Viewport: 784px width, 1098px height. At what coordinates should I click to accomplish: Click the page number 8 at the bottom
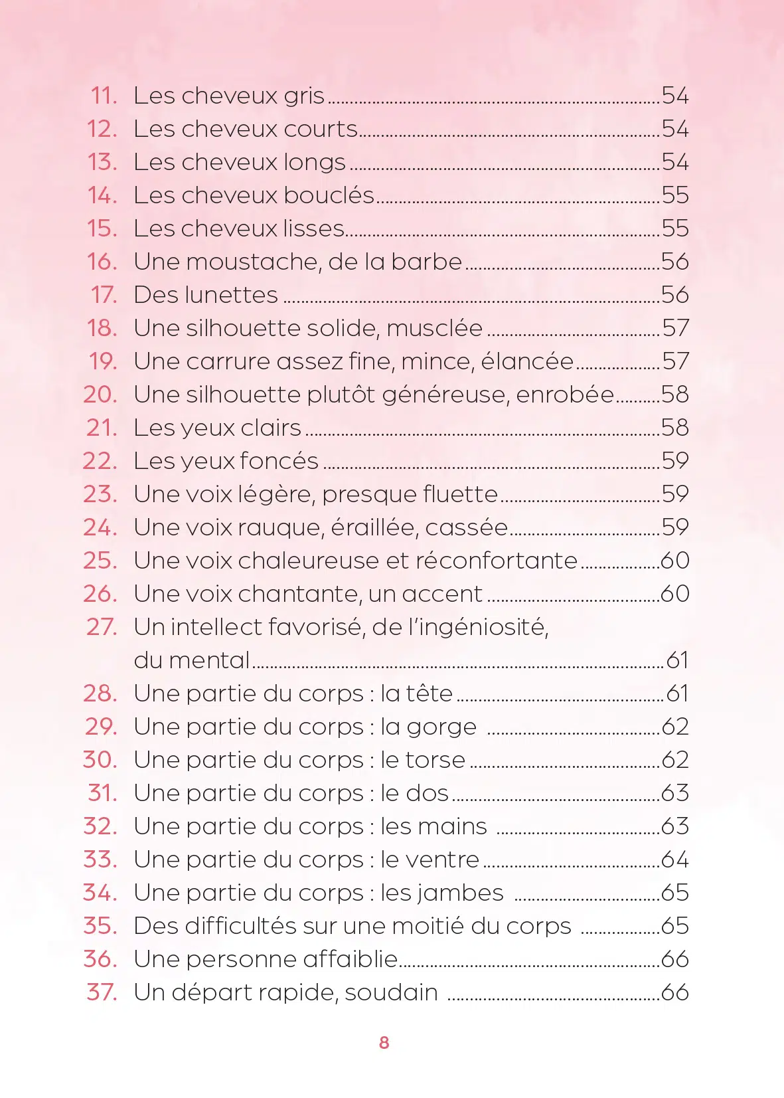pyautogui.click(x=384, y=1042)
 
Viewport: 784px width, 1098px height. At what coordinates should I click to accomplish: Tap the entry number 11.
pyautogui.click(x=104, y=96)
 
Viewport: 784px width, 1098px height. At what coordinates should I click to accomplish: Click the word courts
pyautogui.click(x=321, y=129)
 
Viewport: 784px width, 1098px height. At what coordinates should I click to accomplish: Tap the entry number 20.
pyautogui.click(x=100, y=395)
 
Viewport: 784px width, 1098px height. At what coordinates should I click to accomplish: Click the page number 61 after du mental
pyautogui.click(x=677, y=660)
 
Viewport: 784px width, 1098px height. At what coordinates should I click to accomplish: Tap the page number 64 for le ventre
pyautogui.click(x=675, y=860)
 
